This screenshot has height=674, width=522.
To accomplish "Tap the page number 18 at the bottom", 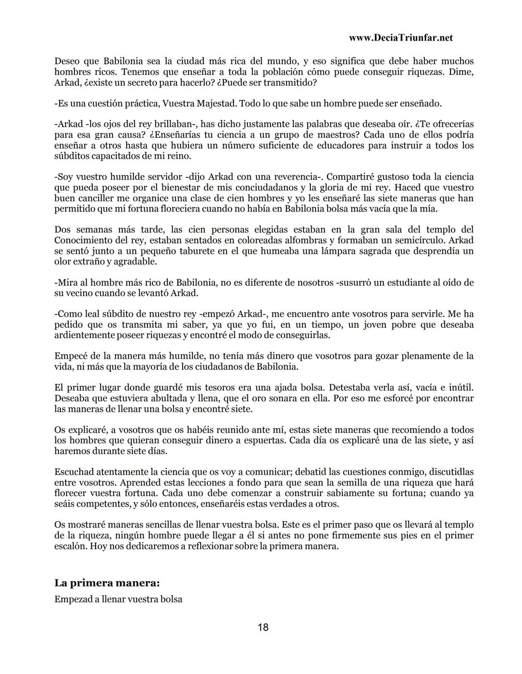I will pyautogui.click(x=263, y=628).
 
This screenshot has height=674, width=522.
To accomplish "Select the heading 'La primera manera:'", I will pyautogui.click(x=107, y=583).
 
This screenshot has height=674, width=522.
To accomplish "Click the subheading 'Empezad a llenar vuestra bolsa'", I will pyautogui.click(x=118, y=600).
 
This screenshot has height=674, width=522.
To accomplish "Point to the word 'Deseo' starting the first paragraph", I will pyautogui.click(x=68, y=61).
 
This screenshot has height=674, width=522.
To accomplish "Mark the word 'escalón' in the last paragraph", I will pyautogui.click(x=70, y=546).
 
